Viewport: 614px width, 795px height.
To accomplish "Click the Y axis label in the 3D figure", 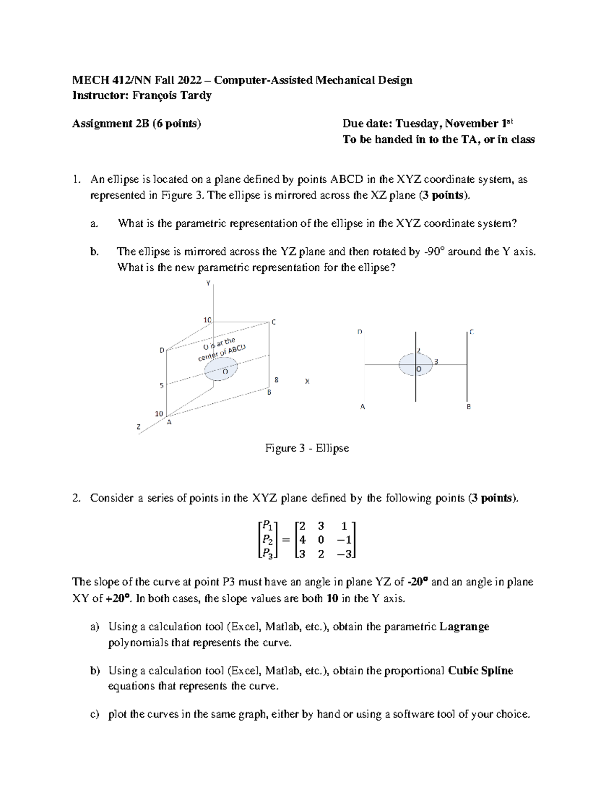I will (208, 283).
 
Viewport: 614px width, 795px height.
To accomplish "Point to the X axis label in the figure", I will (307, 381).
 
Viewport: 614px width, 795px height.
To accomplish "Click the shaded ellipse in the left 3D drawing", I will (222, 369).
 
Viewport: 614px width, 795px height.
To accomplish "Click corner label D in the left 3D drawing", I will (162, 350).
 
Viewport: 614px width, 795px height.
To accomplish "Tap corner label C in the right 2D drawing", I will (471, 332).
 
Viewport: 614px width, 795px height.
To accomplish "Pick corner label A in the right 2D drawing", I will (363, 407).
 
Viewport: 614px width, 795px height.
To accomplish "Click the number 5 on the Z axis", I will (161, 385).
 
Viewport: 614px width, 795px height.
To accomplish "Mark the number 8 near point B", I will (276, 380).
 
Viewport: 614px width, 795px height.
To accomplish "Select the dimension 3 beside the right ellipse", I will (436, 362).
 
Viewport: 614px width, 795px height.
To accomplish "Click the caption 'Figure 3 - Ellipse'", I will (306, 448).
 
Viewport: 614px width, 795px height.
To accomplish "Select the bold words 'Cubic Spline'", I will (480, 671).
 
